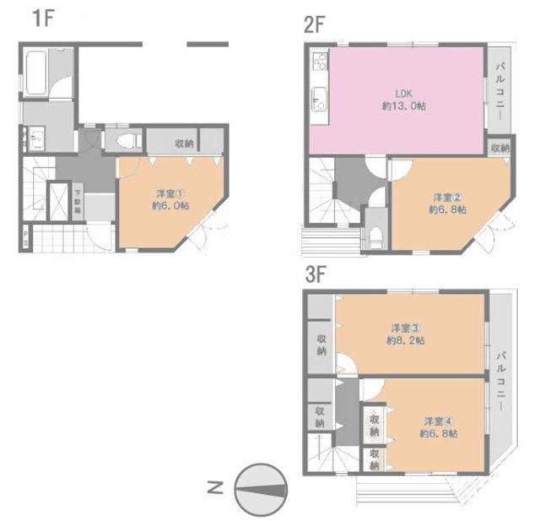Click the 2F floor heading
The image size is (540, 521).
click(x=314, y=24)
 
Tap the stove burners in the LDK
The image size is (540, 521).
click(x=319, y=62)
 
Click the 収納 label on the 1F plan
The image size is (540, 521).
click(x=184, y=144)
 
